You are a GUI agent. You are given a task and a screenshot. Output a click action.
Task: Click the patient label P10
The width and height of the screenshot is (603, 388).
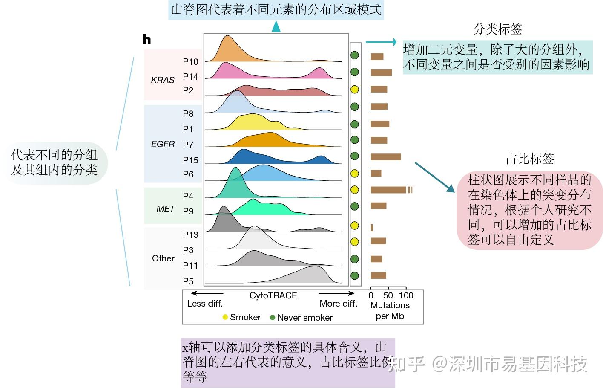(190, 62)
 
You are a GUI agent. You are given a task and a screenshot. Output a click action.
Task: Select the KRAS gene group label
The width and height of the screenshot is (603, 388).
(163, 80)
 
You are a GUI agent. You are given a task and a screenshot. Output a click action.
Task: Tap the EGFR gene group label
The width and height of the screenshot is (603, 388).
(163, 144)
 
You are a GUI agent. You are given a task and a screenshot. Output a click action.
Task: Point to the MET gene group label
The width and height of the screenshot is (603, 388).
(165, 208)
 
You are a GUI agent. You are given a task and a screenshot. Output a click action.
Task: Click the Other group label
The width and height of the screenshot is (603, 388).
(163, 258)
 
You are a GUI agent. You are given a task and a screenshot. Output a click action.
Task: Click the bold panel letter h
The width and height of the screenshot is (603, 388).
(146, 40)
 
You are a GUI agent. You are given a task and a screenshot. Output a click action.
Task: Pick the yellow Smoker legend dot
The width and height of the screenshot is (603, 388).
(225, 317)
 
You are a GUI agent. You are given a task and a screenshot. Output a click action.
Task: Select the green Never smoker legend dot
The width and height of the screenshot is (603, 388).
(273, 317)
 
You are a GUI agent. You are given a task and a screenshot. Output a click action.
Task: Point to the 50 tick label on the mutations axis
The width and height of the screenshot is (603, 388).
(388, 295)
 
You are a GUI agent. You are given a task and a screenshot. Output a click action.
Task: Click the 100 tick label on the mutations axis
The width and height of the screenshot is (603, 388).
(406, 295)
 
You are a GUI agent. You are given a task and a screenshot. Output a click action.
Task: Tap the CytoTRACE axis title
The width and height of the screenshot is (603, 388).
(273, 295)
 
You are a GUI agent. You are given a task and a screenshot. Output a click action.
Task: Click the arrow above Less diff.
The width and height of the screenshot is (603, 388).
(207, 293)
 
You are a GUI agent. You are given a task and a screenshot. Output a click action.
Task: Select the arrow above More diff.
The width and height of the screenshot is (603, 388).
(336, 293)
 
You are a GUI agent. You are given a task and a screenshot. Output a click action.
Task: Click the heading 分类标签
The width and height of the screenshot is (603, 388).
(497, 29)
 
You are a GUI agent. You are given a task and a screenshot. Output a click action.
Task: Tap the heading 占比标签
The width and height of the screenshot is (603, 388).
(530, 159)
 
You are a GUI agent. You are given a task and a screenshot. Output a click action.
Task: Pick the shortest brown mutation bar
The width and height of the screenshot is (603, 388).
(372, 228)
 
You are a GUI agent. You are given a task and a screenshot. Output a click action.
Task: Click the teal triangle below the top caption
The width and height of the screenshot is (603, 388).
(276, 27)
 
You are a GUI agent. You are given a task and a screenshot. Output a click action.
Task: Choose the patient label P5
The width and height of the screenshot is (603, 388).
(188, 281)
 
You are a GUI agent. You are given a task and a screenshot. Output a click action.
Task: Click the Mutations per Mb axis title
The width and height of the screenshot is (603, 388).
(390, 310)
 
